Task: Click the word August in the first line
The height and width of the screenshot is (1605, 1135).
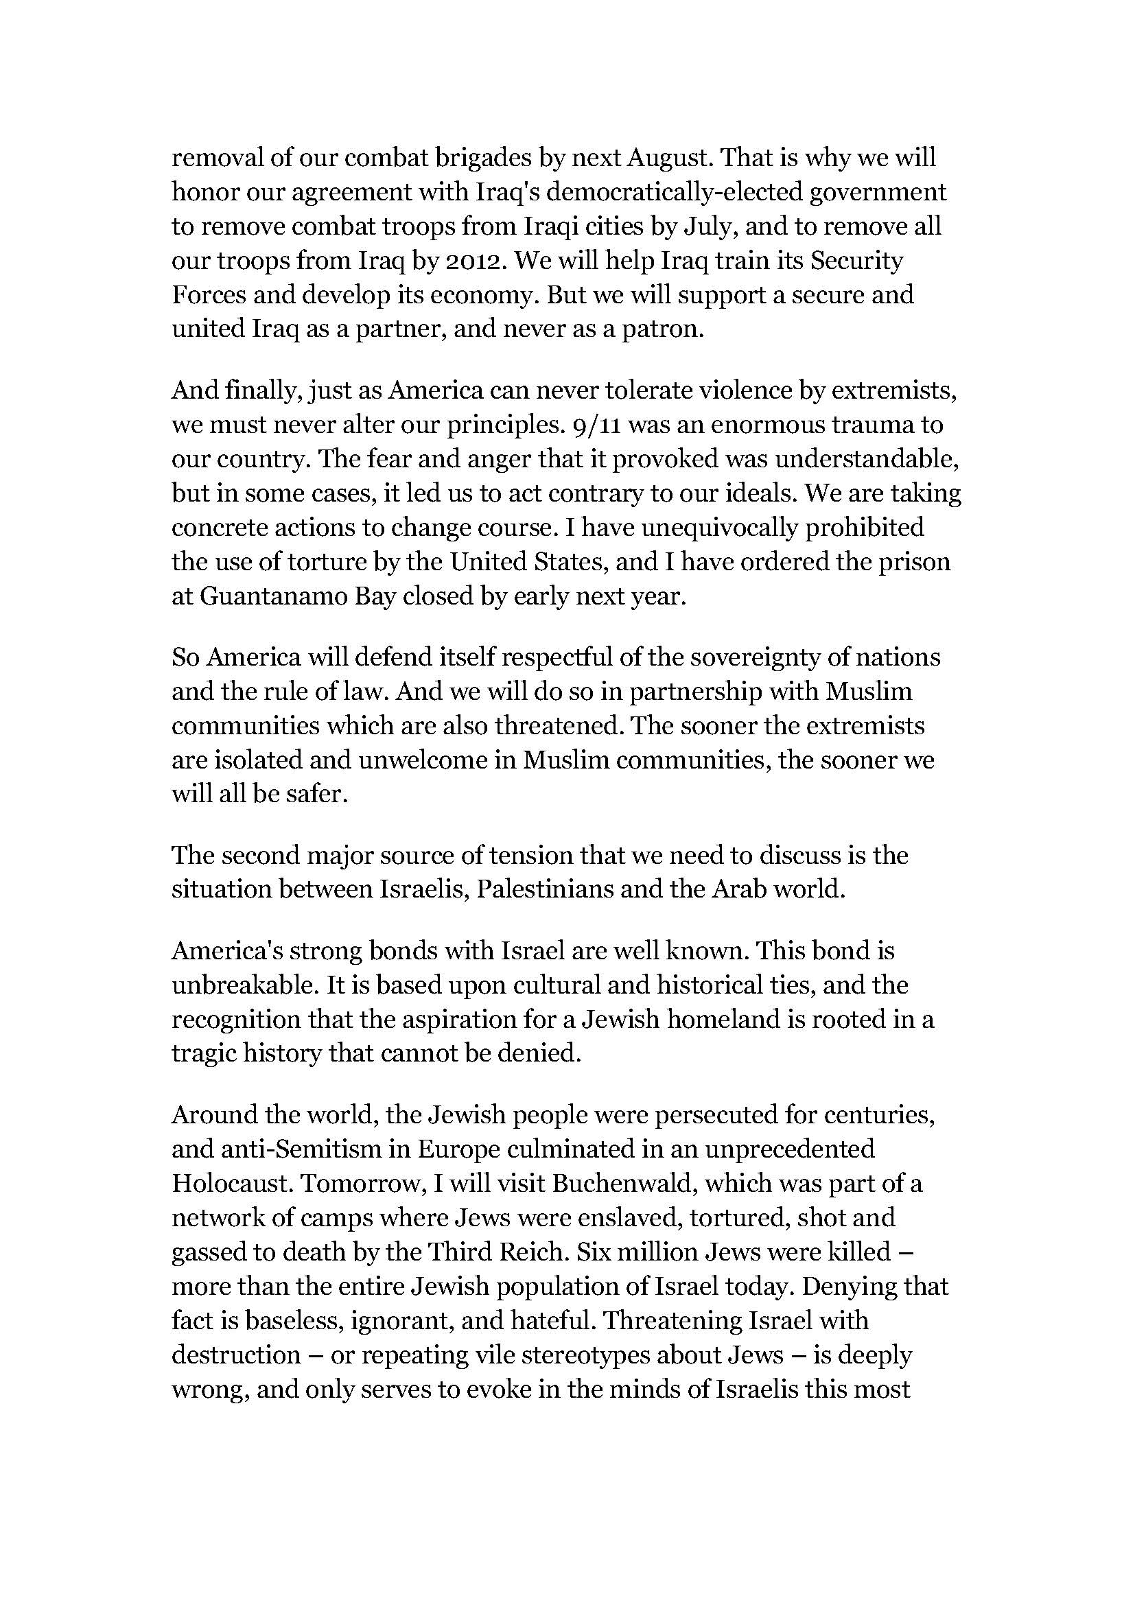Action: [670, 159]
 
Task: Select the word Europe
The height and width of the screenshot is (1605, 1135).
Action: [459, 1149]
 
